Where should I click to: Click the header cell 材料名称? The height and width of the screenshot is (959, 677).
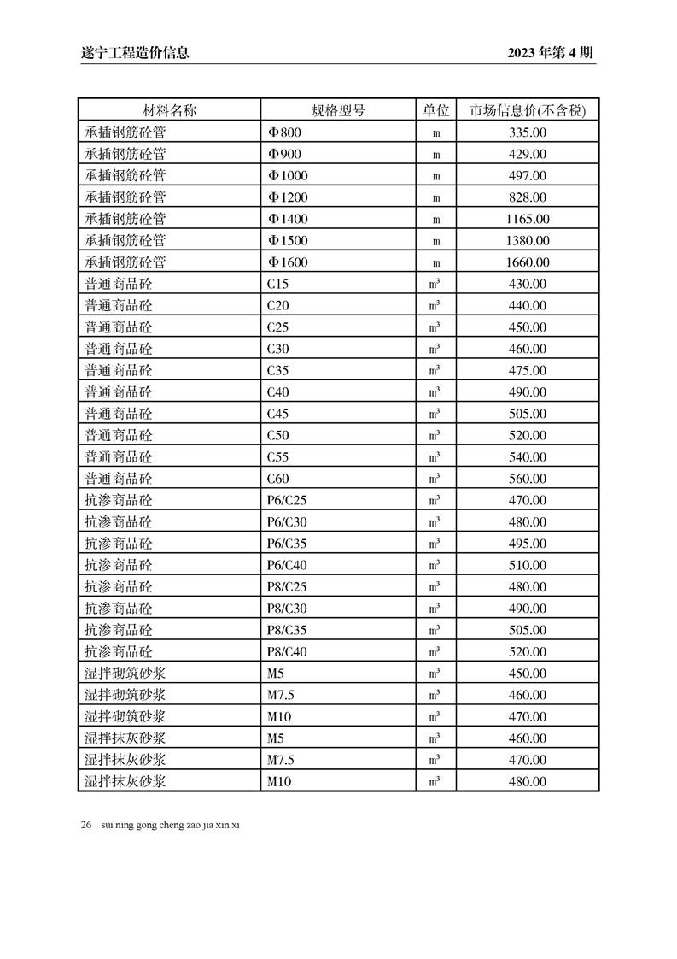pos(169,110)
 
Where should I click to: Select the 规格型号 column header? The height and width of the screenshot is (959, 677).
pos(338,110)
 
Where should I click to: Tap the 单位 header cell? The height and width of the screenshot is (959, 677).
pos(435,110)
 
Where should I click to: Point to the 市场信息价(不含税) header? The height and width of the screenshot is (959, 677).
pos(527,110)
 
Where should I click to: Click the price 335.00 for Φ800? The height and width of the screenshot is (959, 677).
pos(527,132)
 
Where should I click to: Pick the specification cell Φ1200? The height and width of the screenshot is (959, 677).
pos(288,197)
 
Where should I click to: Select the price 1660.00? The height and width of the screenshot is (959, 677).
pos(527,262)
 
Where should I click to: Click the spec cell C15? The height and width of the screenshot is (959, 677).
pos(278,284)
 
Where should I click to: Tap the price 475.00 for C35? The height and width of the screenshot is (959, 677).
pos(527,370)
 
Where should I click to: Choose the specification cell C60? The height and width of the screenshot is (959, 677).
pos(278,479)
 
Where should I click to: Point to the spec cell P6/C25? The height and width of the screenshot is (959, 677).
pos(287,500)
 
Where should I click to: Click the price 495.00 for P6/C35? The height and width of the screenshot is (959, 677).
pos(527,544)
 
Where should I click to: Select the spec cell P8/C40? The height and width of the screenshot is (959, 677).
pos(287,651)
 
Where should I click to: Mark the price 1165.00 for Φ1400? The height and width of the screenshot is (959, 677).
pos(527,219)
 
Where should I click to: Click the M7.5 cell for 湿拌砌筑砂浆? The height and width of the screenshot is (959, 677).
pos(281,695)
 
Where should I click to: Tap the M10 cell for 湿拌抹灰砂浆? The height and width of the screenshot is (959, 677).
pos(279,781)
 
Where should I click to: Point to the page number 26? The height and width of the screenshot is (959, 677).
pos(86,825)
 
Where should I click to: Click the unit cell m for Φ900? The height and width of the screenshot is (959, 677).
pos(435,155)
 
